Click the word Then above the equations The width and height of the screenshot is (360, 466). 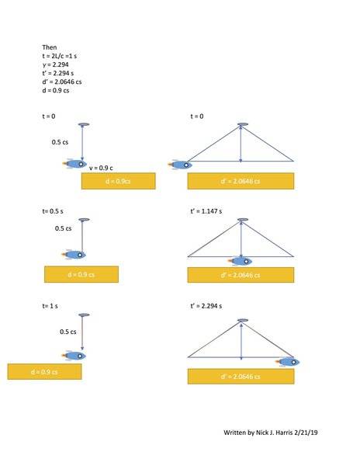pyautogui.click(x=49, y=47)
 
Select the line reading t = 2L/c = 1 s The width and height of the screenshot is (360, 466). pyautogui.click(x=60, y=56)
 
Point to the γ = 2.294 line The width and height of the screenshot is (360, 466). pyautogui.click(x=56, y=64)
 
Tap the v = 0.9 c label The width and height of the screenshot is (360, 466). pyautogui.click(x=101, y=168)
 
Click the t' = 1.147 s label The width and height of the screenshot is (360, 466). pyautogui.click(x=206, y=211)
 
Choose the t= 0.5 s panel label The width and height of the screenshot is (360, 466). pyautogui.click(x=53, y=211)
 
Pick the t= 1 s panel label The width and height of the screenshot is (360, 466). pyautogui.click(x=50, y=306)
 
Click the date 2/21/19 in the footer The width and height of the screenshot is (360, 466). pyautogui.click(x=306, y=433)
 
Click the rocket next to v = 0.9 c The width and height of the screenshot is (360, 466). pyautogui.click(x=74, y=164)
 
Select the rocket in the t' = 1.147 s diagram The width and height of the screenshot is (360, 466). pyautogui.click(x=240, y=261)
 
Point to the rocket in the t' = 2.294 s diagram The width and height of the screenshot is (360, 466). pyautogui.click(x=287, y=362)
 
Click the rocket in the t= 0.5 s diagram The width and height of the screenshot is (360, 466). pyautogui.click(x=74, y=255)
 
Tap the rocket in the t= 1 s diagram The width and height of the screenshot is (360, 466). pyautogui.click(x=74, y=356)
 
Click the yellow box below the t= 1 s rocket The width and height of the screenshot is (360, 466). pyautogui.click(x=44, y=371)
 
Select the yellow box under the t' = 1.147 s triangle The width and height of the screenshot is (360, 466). pyautogui.click(x=241, y=275)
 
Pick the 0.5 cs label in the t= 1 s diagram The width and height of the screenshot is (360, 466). pyautogui.click(x=68, y=332)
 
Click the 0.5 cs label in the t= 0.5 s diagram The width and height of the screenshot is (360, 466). pyautogui.click(x=63, y=228)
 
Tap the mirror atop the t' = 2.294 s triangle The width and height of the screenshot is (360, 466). pyautogui.click(x=243, y=320)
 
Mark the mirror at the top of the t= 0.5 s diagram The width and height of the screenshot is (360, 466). pyautogui.click(x=84, y=220)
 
